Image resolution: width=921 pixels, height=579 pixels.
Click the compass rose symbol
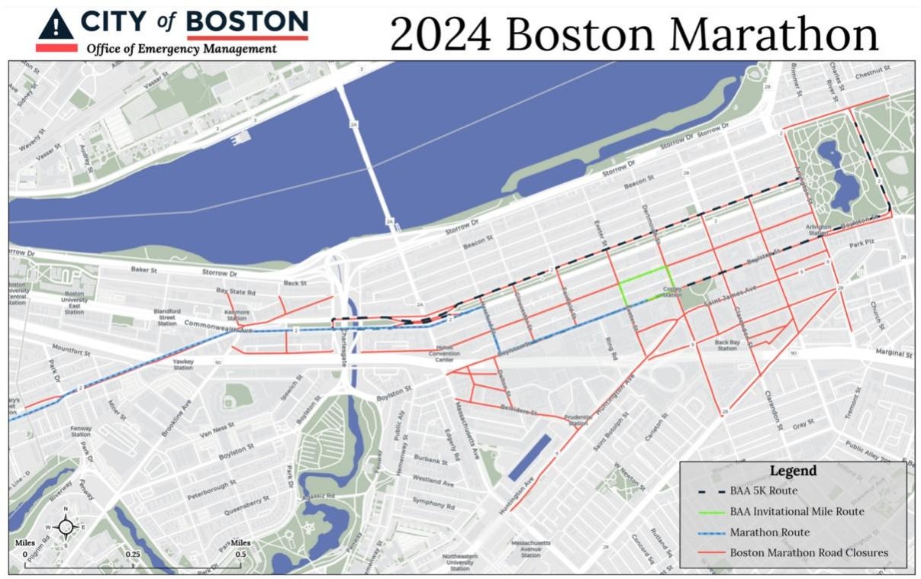pos(66,526)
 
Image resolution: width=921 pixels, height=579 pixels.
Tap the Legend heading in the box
pos(792,471)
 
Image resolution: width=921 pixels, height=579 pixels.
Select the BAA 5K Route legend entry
pos(764,491)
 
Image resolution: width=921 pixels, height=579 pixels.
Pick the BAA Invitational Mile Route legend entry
pos(797,511)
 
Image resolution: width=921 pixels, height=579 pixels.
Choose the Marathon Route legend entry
pos(769,532)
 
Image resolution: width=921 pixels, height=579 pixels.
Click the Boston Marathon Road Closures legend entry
pos(809,552)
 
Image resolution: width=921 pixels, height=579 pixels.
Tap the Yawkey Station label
pos(183,365)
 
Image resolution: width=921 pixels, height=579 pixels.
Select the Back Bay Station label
pos(726,345)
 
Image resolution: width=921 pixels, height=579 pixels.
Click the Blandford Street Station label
pos(167,317)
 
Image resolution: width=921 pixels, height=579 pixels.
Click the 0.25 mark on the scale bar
pos(132,554)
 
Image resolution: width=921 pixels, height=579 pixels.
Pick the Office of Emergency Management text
pos(181,50)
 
